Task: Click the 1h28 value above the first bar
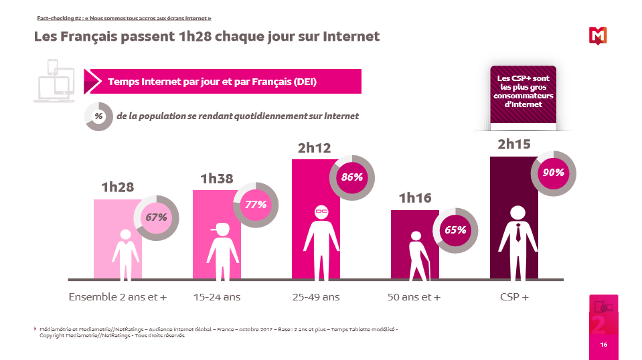pyautogui.click(x=118, y=188)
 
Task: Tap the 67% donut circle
pyautogui.click(x=157, y=217)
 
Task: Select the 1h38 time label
pyautogui.click(x=218, y=179)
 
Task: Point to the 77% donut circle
pyautogui.click(x=256, y=204)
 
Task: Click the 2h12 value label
pyautogui.click(x=315, y=149)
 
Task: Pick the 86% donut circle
pyautogui.click(x=353, y=177)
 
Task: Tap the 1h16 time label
pyautogui.click(x=415, y=198)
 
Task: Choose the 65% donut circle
pyautogui.click(x=455, y=230)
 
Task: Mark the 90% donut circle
pyautogui.click(x=554, y=173)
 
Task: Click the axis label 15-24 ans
pyautogui.click(x=216, y=296)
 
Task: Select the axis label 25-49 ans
pyautogui.click(x=316, y=296)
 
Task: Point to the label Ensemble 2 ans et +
pyautogui.click(x=118, y=296)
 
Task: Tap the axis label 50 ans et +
pyautogui.click(x=414, y=296)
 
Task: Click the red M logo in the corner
pyautogui.click(x=597, y=35)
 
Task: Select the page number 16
pyautogui.click(x=603, y=345)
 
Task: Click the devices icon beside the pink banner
pyautogui.click(x=56, y=82)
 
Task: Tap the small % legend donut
pyautogui.click(x=98, y=116)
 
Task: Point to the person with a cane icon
pyautogui.click(x=416, y=256)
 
